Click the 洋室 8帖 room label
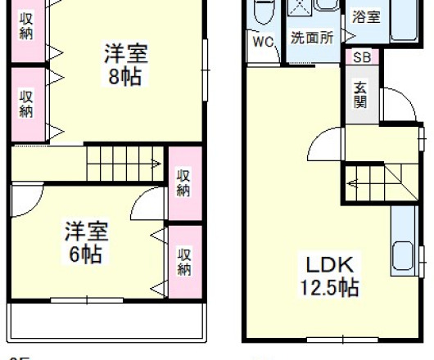[125, 65]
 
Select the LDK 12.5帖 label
[329, 277]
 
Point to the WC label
[262, 43]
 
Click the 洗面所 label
[312, 38]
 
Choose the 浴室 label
[366, 16]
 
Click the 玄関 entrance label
[360, 95]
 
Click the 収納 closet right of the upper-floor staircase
[184, 183]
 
